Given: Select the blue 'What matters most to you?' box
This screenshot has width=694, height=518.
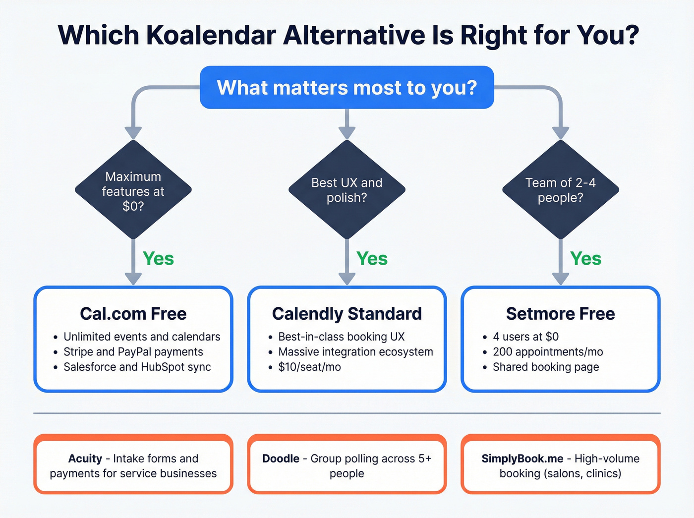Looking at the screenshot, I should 347,87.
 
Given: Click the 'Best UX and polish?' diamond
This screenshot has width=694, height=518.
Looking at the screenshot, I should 347,190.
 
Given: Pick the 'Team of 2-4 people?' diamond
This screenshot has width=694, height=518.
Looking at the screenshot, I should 560,190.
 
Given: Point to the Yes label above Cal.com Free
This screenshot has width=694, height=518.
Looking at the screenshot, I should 158,259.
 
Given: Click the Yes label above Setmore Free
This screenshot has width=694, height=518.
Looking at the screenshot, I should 585,259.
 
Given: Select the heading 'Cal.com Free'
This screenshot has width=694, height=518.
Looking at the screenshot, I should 133,314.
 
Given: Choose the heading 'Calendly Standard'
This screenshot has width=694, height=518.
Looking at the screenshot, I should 347,314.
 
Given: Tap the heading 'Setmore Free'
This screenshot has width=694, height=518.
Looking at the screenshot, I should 560,314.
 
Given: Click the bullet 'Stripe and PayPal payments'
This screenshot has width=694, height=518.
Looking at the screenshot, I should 133,352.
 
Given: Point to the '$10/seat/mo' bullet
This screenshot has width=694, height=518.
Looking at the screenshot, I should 309,367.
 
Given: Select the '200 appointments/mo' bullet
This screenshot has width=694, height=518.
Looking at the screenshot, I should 547,352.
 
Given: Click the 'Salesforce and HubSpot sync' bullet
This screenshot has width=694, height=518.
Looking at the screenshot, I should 137,367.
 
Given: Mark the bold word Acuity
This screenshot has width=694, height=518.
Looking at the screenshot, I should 85,459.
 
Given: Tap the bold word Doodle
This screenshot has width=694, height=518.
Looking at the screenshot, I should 281,459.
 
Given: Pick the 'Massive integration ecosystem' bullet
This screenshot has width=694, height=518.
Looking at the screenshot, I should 355,352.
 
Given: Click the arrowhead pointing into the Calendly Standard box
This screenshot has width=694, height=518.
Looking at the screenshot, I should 347,279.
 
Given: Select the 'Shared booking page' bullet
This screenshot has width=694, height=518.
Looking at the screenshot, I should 545,367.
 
